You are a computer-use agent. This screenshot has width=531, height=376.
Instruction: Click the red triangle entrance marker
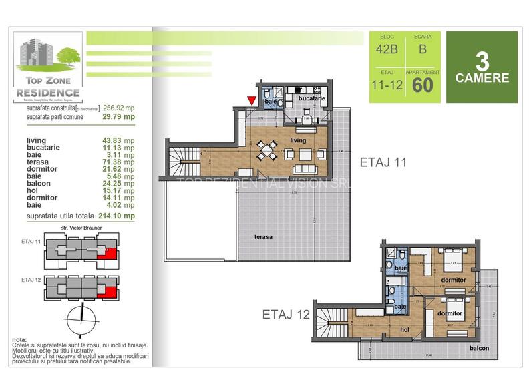pos(251,101)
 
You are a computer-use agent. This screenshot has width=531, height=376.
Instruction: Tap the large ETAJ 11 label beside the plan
pos(385,162)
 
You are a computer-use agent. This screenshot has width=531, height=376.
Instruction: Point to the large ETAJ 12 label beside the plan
pos(286,314)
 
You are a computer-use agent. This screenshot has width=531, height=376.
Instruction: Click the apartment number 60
pos(422,85)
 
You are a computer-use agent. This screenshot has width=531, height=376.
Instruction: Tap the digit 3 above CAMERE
pos(482,61)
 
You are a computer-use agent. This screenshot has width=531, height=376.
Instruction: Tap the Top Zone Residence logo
pos(49,67)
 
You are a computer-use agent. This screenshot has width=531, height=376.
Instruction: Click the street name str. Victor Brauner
pos(79,228)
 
